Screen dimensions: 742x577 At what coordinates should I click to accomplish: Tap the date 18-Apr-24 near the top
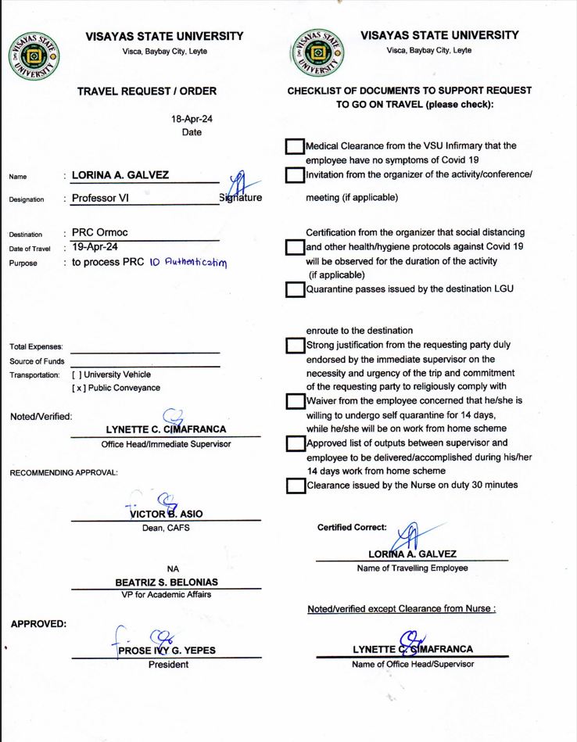click(192, 119)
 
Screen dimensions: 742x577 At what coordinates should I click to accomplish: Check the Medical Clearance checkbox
click(295, 148)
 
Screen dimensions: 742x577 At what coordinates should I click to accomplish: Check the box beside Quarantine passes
click(295, 289)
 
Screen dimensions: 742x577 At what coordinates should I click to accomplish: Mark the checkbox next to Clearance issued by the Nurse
click(295, 486)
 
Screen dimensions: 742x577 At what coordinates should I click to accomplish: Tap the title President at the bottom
click(169, 665)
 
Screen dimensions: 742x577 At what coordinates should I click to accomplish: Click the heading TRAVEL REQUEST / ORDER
click(147, 91)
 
